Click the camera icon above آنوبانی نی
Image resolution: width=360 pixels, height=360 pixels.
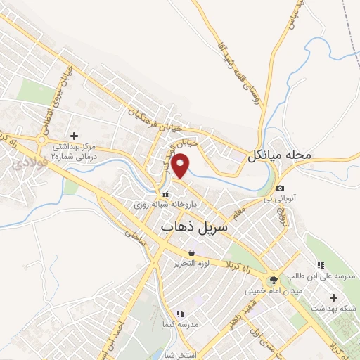coord(281,188)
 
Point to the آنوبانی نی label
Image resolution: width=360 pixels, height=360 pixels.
coord(278,200)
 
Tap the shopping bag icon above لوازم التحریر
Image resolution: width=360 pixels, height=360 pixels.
coord(191,252)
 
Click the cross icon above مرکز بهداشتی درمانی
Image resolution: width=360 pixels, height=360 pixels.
coord(75,135)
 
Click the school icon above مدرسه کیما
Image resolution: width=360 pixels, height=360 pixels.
coord(179,313)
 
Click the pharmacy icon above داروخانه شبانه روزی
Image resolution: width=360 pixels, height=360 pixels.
coord(166,194)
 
